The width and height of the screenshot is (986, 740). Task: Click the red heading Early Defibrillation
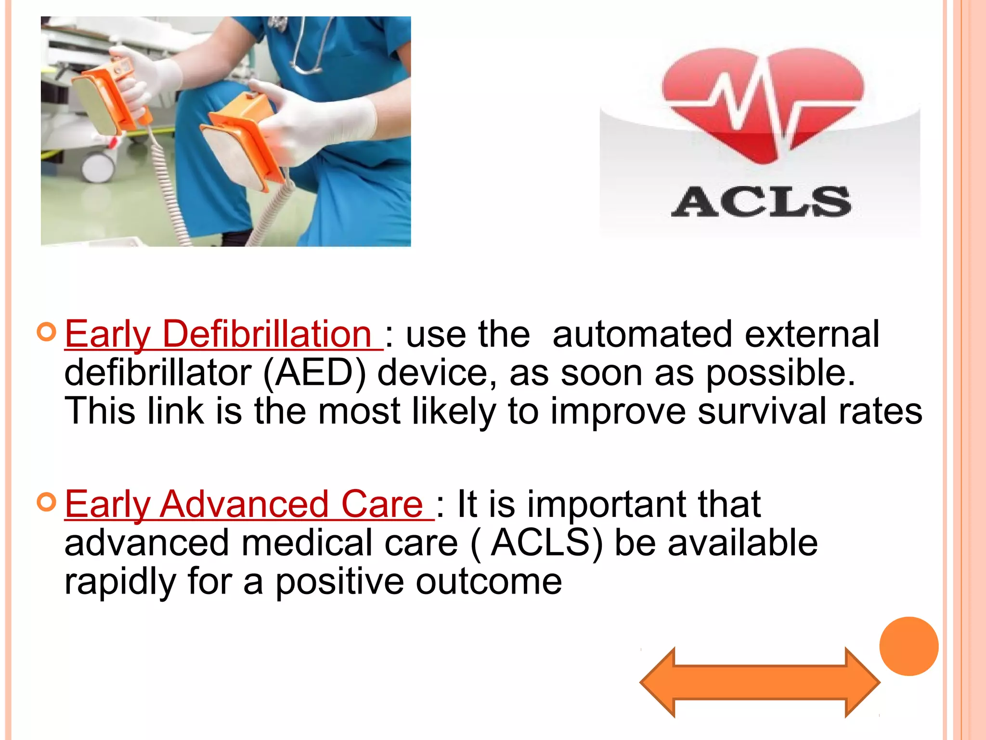tap(219, 334)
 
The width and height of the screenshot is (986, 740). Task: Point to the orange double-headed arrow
tap(760, 682)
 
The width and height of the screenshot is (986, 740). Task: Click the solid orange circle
tap(908, 646)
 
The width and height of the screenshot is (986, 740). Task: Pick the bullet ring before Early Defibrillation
tap(47, 332)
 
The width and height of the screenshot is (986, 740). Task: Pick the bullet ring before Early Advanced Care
tap(47, 502)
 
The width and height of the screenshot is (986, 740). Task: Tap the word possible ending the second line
tap(780, 374)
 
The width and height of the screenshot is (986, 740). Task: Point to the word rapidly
tap(120, 581)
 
